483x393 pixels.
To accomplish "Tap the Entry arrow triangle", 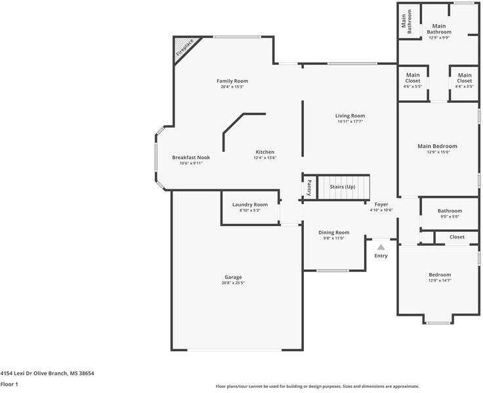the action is (381, 247).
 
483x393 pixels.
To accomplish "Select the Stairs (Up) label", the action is (343, 187).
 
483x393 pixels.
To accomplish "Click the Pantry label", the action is (309, 187).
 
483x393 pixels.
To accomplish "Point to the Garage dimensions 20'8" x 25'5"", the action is (233, 283).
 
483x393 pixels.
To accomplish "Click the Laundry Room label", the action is (250, 204).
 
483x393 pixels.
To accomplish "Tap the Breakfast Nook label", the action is (191, 157).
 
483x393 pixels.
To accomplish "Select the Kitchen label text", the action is (265, 152).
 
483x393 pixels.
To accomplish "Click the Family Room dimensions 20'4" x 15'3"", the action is (232, 87).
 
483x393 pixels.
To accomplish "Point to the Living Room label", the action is (350, 116).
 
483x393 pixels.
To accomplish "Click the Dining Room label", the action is (334, 233).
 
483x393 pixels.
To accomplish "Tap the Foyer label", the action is (381, 204).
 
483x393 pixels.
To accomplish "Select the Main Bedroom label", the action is (438, 146).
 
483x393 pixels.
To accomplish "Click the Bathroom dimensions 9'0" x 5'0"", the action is (450, 217).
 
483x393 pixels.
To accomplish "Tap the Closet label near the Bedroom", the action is (457, 237).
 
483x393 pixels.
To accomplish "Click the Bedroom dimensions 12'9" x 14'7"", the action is (440, 280).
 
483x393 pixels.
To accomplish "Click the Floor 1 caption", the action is (9, 384).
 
